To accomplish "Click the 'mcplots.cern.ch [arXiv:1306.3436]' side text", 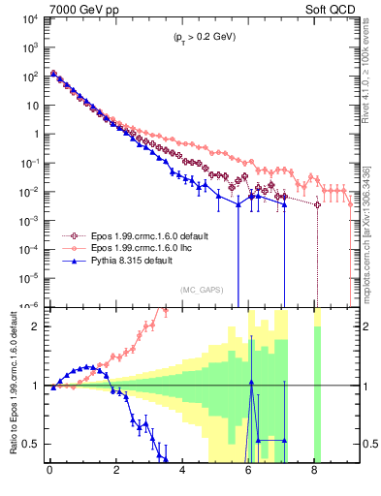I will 366,225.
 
